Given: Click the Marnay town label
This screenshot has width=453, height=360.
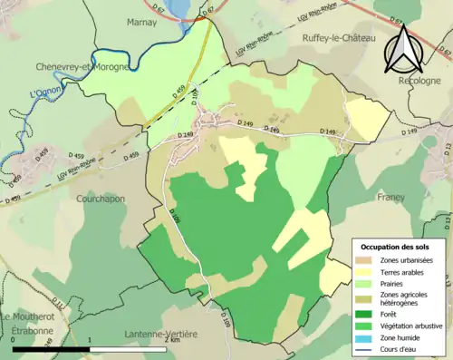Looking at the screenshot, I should click(x=143, y=21).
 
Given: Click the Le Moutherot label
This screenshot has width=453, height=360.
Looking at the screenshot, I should click(x=32, y=316).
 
